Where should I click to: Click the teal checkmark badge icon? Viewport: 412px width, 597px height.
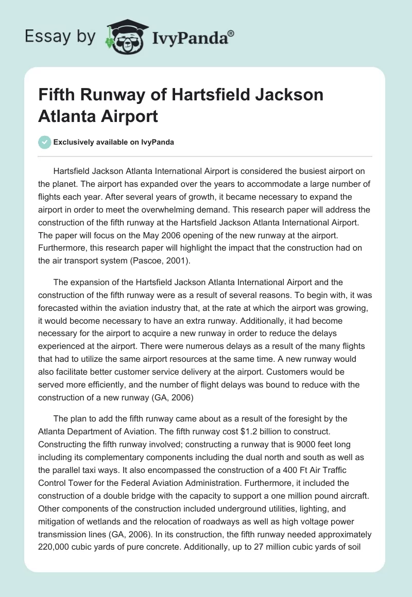pos(45,142)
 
